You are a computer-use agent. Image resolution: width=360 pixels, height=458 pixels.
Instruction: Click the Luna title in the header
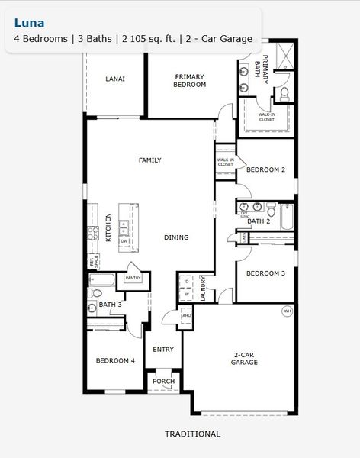(27, 23)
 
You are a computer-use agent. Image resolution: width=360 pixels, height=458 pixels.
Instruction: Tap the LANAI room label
(115, 79)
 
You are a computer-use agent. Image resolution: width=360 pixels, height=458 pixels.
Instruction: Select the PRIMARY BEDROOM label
(190, 80)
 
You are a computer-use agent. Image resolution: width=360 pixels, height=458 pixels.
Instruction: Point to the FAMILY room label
(149, 160)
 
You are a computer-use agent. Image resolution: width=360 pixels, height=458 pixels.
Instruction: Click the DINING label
(176, 237)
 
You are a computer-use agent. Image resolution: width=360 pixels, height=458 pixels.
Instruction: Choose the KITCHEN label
(108, 227)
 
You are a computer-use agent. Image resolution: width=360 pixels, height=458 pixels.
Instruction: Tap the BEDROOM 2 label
(265, 170)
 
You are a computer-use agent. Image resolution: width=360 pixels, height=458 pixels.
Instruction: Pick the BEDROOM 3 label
(265, 273)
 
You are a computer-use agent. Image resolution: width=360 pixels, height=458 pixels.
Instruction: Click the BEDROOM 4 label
(115, 360)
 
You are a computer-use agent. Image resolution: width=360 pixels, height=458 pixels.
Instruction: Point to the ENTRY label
(163, 350)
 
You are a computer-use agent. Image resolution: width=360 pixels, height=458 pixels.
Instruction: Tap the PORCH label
(163, 381)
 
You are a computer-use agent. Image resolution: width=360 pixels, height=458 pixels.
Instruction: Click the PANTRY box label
(133, 279)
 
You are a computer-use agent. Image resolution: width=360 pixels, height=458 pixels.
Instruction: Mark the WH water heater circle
(288, 311)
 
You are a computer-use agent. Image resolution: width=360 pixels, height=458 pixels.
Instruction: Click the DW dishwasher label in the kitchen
(124, 240)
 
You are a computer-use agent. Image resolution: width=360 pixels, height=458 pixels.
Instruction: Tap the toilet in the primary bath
(284, 94)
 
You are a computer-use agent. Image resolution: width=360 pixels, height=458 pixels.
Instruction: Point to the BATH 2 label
(259, 221)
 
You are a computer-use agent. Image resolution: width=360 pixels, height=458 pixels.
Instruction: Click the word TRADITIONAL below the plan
(192, 434)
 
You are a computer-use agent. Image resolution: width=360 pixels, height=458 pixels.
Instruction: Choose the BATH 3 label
(111, 305)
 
